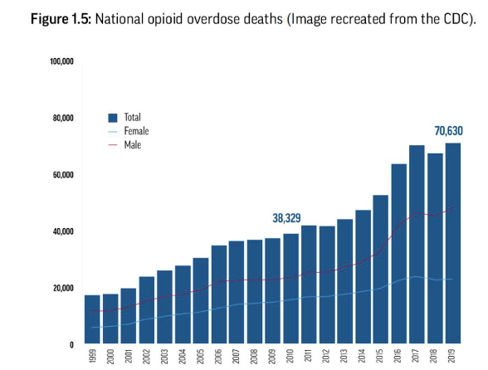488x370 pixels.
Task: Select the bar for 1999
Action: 91,319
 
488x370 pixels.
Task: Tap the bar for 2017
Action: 416,244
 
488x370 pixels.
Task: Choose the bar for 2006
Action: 218,294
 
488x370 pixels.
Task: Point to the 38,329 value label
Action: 286,218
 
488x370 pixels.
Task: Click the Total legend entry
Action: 131,118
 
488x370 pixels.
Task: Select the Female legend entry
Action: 136,131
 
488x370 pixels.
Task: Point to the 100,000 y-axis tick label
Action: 63,61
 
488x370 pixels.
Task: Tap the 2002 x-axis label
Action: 146,358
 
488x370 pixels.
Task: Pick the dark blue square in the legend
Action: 114,118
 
